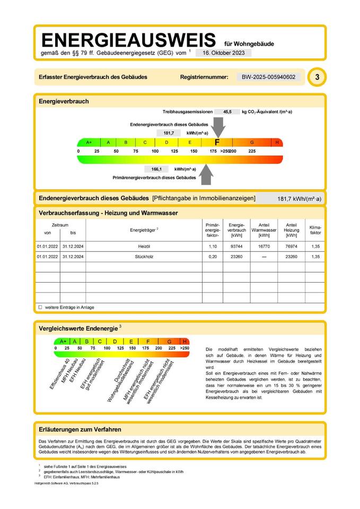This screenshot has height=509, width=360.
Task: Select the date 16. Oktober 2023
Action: [x=223, y=53]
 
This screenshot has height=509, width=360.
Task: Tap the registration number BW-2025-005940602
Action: [x=268, y=77]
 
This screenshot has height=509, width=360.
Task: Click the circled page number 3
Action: [x=317, y=77]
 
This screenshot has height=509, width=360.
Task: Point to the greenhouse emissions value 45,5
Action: [x=227, y=112]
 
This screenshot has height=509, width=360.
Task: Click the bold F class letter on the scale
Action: [x=217, y=142]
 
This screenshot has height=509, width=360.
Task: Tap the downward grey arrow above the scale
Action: [x=219, y=127]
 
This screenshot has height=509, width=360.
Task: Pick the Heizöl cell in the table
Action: [x=144, y=247]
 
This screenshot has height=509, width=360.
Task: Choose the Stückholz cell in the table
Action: [x=144, y=257]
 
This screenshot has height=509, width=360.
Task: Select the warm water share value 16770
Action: [x=264, y=247]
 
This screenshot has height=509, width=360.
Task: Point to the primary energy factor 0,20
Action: [x=212, y=257]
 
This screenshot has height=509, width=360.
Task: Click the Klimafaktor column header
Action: [x=315, y=230]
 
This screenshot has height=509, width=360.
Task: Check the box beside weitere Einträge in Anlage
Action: [x=40, y=307]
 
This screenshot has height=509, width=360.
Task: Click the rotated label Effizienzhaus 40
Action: [x=59, y=374]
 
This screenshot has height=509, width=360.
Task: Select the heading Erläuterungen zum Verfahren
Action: [x=80, y=429]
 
